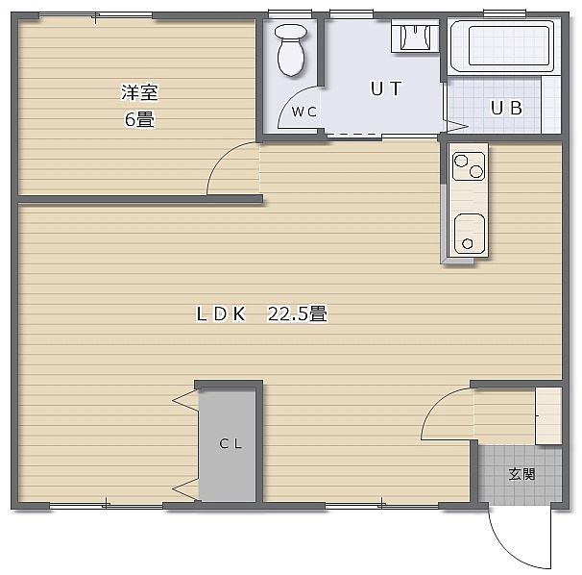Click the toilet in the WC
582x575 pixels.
tap(291, 50)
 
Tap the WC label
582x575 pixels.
tap(304, 112)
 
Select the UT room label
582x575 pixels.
tap(386, 88)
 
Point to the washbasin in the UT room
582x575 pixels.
tap(415, 36)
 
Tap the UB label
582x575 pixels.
tap(507, 108)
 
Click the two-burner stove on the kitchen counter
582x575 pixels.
tap(469, 166)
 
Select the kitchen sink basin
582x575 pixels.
tap(470, 234)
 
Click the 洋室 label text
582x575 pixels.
tap(139, 92)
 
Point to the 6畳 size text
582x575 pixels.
tap(139, 119)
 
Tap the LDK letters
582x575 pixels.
tap(221, 314)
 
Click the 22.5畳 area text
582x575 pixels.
tap(298, 314)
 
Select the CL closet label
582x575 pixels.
tap(230, 443)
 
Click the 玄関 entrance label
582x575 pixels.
tap(521, 474)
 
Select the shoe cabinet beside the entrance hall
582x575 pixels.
tap(548, 416)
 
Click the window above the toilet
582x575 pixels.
tap(290, 13)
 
